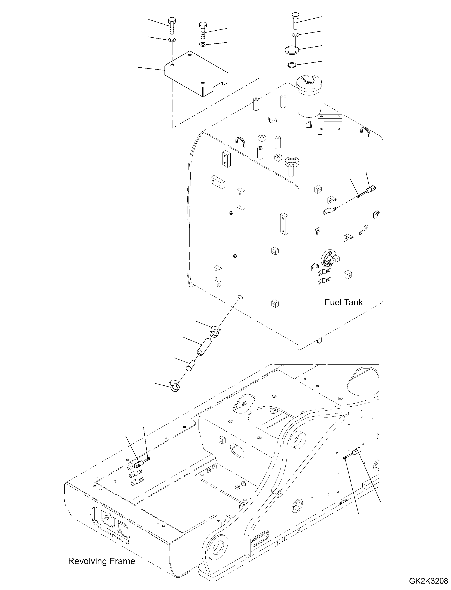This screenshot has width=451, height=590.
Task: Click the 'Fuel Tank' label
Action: coord(343,302)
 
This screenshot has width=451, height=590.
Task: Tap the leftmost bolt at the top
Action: coord(171,25)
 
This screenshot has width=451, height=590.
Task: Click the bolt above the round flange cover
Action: coord(295,20)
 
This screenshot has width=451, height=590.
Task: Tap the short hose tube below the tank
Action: coord(204,348)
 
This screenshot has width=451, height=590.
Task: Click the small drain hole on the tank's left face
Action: coord(240,297)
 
